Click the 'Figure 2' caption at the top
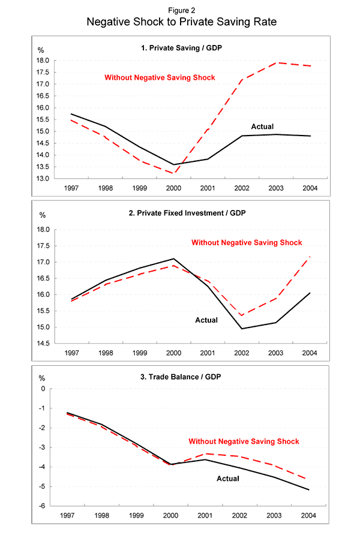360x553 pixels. tap(179, 10)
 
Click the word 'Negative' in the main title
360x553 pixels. tap(114, 22)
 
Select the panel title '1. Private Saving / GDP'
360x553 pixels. tap(179, 47)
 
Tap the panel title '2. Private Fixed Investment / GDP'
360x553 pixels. tap(179, 214)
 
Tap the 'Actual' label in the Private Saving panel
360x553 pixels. tap(262, 127)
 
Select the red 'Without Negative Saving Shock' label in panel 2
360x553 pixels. tap(246, 243)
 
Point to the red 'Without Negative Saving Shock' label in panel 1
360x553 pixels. tap(160, 77)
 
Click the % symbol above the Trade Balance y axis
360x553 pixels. tap(42, 378)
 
